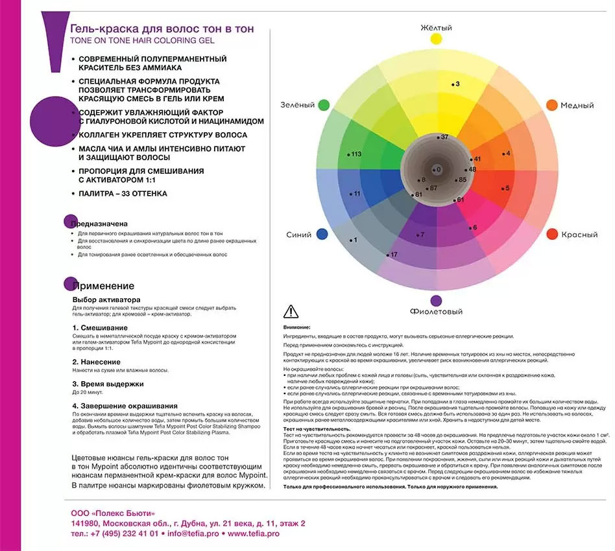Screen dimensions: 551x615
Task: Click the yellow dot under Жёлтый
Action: point(436,39)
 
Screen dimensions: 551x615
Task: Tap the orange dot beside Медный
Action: point(552,105)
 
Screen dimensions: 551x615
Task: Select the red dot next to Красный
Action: point(552,234)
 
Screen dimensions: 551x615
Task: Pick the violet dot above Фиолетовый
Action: point(436,300)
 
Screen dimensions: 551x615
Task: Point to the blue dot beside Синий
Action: point(322,235)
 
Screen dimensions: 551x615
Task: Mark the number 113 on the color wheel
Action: point(356,154)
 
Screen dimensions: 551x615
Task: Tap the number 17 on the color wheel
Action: point(393,255)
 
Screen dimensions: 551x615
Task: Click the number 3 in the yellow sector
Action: point(457,84)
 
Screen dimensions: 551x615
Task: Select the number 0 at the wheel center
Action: point(438,170)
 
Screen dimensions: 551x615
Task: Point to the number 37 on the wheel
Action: point(444,137)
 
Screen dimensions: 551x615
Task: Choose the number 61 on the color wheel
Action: point(460,200)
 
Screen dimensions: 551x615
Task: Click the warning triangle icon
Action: point(291,311)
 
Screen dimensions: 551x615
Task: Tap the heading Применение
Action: point(104,286)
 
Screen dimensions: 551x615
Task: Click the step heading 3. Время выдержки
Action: point(108,384)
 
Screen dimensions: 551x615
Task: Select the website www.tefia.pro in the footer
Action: point(254,533)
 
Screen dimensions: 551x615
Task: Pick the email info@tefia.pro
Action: point(193,533)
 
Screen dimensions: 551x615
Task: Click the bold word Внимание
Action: point(297,327)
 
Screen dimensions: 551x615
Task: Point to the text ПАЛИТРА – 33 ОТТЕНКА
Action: point(123,194)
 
